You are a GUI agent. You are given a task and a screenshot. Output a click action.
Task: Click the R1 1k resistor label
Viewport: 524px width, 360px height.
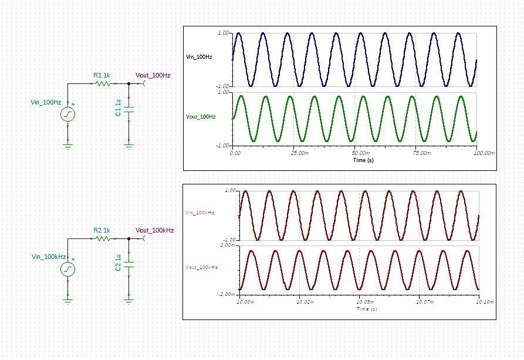click(102, 75)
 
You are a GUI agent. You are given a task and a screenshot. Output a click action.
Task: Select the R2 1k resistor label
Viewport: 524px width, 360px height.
click(102, 230)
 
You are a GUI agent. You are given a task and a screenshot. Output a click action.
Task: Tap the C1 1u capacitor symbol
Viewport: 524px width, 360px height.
click(129, 110)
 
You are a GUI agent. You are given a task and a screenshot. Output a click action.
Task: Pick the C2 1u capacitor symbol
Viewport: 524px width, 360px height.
click(129, 265)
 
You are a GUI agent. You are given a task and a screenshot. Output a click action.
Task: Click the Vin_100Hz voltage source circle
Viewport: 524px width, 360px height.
click(68, 115)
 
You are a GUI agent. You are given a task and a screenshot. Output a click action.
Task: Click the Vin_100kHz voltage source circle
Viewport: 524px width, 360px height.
click(68, 270)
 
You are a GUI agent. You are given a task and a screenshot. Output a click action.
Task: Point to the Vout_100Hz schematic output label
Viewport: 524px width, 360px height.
click(153, 75)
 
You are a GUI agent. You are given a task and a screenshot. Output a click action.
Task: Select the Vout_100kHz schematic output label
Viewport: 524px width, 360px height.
click(154, 230)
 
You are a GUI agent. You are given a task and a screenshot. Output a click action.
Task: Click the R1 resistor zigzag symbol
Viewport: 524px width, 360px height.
click(103, 83)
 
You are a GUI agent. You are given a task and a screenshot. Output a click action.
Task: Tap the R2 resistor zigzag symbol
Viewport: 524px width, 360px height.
click(103, 238)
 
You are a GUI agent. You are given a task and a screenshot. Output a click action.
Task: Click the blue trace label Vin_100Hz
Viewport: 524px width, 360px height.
click(199, 57)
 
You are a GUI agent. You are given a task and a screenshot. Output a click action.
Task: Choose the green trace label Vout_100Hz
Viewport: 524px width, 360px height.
click(201, 117)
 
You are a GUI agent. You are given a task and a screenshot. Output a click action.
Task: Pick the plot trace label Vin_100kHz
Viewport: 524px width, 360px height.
click(200, 213)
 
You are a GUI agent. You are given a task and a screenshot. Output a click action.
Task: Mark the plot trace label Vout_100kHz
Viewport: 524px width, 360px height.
click(201, 267)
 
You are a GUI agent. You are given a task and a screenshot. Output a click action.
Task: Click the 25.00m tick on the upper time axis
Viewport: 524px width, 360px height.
click(300, 153)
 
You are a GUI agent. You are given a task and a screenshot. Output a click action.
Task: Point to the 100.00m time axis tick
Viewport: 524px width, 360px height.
click(484, 153)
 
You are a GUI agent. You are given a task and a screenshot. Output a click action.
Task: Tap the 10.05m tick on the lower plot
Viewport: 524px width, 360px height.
click(365, 302)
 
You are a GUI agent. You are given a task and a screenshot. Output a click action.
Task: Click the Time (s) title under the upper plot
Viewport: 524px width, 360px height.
click(363, 160)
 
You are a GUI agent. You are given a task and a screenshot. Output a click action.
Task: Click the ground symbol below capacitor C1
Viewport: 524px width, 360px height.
click(129, 146)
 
